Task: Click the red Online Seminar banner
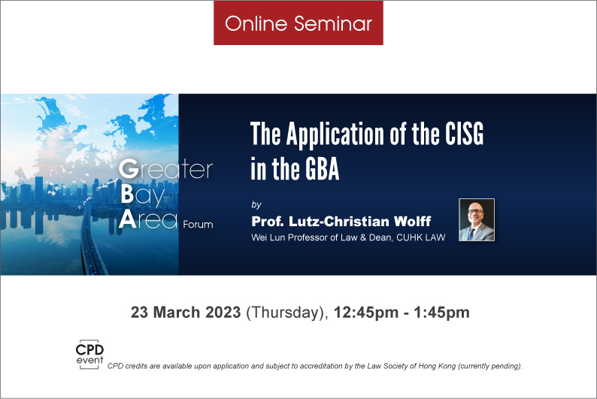[298, 23]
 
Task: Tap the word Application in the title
[335, 135]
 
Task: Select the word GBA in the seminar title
[322, 169]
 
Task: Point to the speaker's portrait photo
[477, 219]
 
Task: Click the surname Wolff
[412, 221]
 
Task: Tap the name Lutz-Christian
[339, 221]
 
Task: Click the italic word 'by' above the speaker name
[256, 204]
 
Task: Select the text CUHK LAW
[421, 237]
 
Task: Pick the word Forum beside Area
[198, 225]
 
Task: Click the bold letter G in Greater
[129, 169]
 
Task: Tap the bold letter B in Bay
[127, 195]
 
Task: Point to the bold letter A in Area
[128, 219]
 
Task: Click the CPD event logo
[89, 354]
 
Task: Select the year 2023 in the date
[223, 313]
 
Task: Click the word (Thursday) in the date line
[287, 313]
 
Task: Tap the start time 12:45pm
[366, 313]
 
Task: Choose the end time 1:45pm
[441, 313]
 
